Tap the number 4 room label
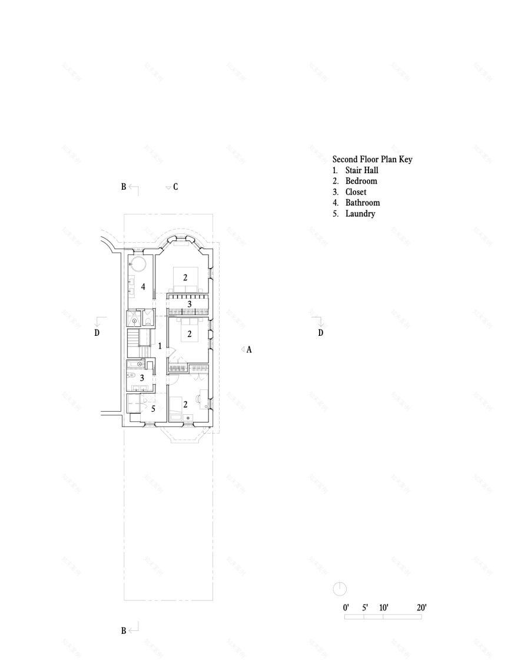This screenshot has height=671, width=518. [x=143, y=287]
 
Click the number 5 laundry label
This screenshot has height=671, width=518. [x=153, y=408]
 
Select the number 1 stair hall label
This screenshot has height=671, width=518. [x=160, y=346]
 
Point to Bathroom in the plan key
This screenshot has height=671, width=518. [x=362, y=203]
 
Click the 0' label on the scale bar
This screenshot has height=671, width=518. [x=346, y=607]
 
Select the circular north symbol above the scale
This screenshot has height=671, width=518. [x=340, y=589]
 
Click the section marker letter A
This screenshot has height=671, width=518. [x=249, y=349]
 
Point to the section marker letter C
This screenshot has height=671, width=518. [x=175, y=187]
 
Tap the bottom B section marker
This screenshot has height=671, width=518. [x=124, y=630]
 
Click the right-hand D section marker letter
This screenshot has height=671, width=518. [x=321, y=333]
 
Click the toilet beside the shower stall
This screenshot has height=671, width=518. [x=148, y=322]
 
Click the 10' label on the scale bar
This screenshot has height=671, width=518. [x=383, y=607]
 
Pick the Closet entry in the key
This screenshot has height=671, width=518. [x=356, y=192]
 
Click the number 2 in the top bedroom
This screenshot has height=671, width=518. [x=185, y=277]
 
